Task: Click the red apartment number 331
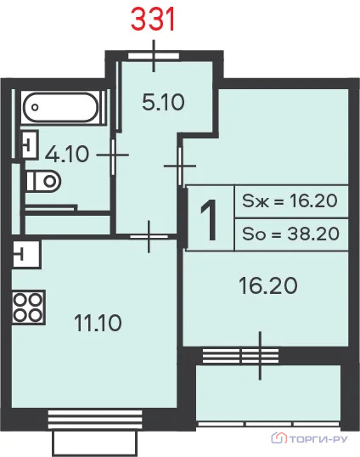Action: point(153,20)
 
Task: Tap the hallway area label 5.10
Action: point(163,102)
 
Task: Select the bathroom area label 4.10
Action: point(67,154)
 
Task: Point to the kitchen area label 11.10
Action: point(98,323)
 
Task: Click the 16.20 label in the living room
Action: point(268,285)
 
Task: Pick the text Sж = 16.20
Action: point(290,200)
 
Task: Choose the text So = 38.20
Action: point(290,234)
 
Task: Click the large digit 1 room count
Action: point(210,220)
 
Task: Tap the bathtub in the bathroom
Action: point(61,107)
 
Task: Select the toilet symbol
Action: point(43,181)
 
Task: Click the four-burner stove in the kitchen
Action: point(28,307)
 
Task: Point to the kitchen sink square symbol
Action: point(26,254)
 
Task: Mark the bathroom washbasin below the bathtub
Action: point(30,144)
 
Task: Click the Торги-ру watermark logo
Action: point(309,438)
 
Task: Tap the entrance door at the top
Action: point(154,56)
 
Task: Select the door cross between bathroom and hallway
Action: point(113,155)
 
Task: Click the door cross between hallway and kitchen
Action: point(149,236)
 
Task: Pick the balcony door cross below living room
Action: point(260,356)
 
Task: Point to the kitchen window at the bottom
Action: point(95,420)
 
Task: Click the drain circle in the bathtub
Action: point(35,107)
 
